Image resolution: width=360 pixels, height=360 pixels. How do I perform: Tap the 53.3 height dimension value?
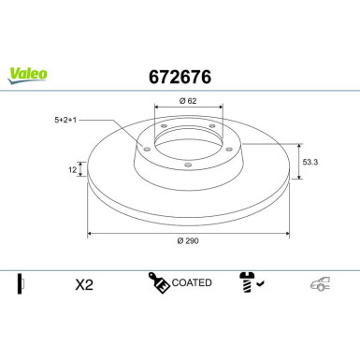pyautogui.click(x=315, y=161)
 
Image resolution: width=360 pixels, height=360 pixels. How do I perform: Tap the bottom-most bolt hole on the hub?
pyautogui.click(x=187, y=166)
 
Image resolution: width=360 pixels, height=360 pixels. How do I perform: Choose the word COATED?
pyautogui.click(x=193, y=282)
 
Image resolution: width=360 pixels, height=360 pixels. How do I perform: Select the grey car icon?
pyautogui.click(x=321, y=283)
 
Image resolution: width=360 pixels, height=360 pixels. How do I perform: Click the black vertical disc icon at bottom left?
pyautogui.click(x=20, y=282)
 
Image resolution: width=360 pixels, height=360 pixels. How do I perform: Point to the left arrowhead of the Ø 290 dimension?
pyautogui.click(x=90, y=233)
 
